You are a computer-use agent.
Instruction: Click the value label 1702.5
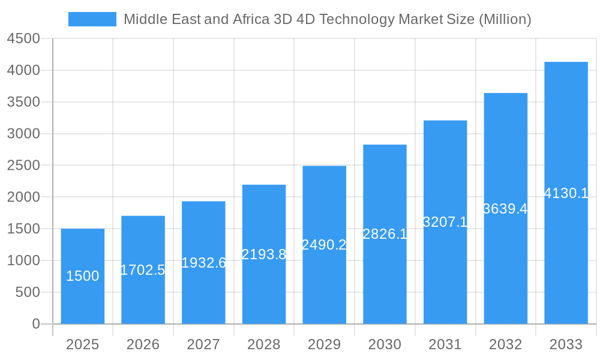[x=143, y=270]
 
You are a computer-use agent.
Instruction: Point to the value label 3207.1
[x=445, y=222]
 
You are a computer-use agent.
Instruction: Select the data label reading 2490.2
[x=324, y=245]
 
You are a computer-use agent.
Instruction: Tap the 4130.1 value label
[x=566, y=193]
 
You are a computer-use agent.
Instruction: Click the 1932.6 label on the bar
[x=203, y=263]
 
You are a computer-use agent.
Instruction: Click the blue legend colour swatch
[x=92, y=19]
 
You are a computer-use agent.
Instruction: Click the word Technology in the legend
[x=355, y=19]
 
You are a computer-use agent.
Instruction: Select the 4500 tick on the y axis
[x=23, y=39]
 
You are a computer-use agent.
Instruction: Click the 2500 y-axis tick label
[x=23, y=166]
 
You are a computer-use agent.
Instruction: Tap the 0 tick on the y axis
[x=35, y=324]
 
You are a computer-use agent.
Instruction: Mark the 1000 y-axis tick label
[x=23, y=261]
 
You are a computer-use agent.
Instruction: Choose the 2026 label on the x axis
[x=143, y=344]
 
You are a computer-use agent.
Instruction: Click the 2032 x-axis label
[x=505, y=344]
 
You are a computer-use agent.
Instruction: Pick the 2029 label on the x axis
[x=324, y=344]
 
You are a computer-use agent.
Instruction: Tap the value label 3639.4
[x=505, y=209]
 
